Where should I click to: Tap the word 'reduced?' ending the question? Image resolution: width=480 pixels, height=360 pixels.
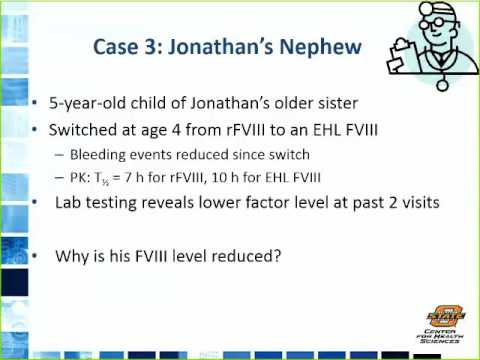tap(247, 255)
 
